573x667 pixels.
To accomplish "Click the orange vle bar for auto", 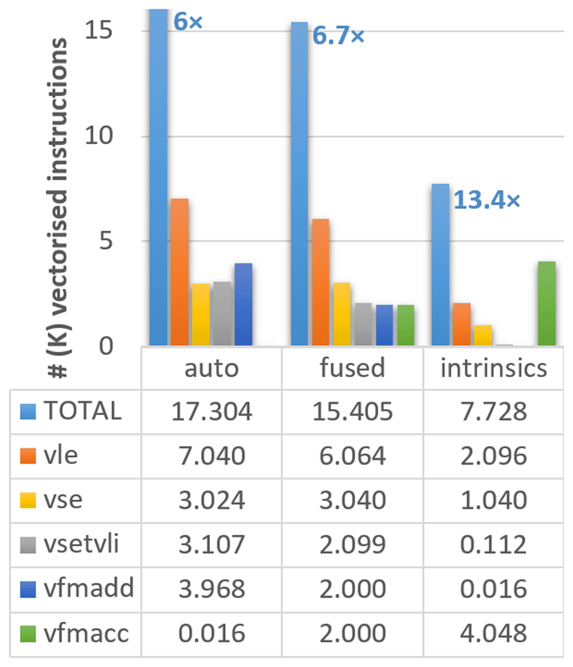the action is pos(180,272).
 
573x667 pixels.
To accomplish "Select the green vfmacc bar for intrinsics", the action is pos(547,303).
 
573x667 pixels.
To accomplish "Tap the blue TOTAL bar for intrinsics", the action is pos(441,265).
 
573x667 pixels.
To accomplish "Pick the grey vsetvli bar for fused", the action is pos(363,324).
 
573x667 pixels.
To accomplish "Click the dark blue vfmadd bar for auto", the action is pos(244,304).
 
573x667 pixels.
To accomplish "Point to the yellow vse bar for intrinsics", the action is pos(482,335).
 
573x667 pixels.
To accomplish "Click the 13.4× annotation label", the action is pos(486,200).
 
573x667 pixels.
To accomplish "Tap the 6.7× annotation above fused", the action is pos(339,35).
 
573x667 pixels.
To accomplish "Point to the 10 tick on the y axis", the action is pos(99,136).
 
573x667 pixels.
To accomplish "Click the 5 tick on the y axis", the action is pos(105,241).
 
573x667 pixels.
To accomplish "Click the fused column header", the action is pos(352,368).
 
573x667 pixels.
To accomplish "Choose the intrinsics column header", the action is pos(494,368).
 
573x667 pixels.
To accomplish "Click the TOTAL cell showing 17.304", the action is pos(211,412).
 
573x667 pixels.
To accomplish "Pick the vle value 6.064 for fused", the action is pos(352,456).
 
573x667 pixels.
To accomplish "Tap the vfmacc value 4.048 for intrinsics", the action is pos(494,633).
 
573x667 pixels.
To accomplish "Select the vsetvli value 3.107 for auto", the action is pos(211,544).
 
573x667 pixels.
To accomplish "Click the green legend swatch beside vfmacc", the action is pos(28,634).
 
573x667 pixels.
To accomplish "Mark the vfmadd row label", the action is pos(89,589).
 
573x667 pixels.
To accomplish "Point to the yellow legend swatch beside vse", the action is pos(28,500).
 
